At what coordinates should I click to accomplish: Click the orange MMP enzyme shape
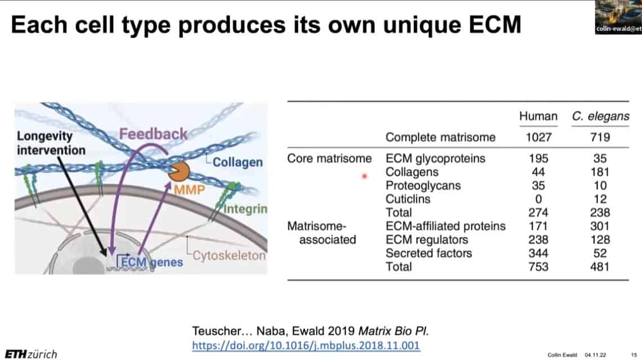pyautogui.click(x=179, y=172)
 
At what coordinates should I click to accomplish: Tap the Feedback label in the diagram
pyautogui.click(x=153, y=134)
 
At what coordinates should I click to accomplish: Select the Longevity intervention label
pyautogui.click(x=51, y=143)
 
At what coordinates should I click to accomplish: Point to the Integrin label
pyautogui.click(x=245, y=209)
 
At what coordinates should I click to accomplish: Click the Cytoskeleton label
pyautogui.click(x=229, y=256)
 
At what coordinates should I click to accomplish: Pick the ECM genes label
pyautogui.click(x=152, y=262)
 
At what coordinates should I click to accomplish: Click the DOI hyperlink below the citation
pyautogui.click(x=306, y=345)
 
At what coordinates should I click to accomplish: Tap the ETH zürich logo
pyautogui.click(x=31, y=354)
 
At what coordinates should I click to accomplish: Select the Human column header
pyautogui.click(x=538, y=116)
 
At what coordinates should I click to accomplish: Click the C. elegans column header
pyautogui.click(x=600, y=116)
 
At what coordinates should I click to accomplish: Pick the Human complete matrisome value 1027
pyautogui.click(x=538, y=137)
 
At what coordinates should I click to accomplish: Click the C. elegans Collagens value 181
pyautogui.click(x=600, y=172)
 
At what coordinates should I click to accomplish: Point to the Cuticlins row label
pyautogui.click(x=408, y=199)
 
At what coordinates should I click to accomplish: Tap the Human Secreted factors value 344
pyautogui.click(x=538, y=253)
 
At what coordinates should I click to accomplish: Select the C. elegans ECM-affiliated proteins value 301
pyautogui.click(x=600, y=226)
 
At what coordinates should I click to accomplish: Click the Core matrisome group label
pyautogui.click(x=329, y=158)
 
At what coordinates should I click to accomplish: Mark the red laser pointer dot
pyautogui.click(x=364, y=176)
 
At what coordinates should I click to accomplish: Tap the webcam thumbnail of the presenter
pyautogui.click(x=618, y=17)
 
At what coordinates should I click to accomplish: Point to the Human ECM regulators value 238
pyautogui.click(x=538, y=239)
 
